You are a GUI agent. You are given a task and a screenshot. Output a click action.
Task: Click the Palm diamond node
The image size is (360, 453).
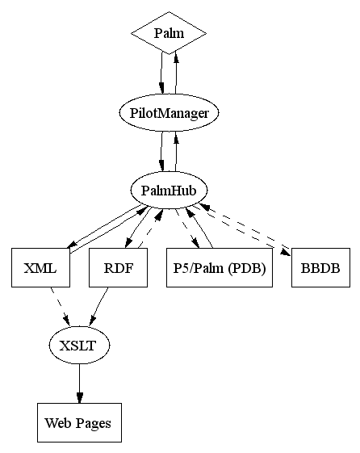pyautogui.click(x=169, y=33)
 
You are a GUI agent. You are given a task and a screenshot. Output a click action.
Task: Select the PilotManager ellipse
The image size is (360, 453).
pyautogui.click(x=169, y=113)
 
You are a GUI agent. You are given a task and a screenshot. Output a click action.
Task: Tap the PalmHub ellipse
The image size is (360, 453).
pyautogui.click(x=169, y=190)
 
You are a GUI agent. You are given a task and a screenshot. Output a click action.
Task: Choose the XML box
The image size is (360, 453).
pyautogui.click(x=40, y=267)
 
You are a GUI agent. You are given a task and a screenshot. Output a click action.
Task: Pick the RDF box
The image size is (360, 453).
pyautogui.click(x=118, y=267)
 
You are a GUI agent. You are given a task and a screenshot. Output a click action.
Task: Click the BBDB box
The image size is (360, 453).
pyautogui.click(x=320, y=267)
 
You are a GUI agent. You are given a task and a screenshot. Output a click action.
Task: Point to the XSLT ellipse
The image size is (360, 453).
pyautogui.click(x=79, y=346)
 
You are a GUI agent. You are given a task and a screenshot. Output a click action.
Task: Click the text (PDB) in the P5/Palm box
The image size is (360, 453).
pyautogui.click(x=246, y=269)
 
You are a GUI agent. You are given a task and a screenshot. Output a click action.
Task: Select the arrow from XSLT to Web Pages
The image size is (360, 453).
pyautogui.click(x=79, y=384)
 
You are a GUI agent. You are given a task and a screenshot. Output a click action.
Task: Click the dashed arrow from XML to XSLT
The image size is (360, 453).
pyautogui.click(x=60, y=307)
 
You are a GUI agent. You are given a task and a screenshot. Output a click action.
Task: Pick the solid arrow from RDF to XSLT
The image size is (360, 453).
pyautogui.click(x=99, y=307)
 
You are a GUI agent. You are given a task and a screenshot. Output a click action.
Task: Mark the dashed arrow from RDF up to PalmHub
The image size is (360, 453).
pyautogui.click(x=151, y=229)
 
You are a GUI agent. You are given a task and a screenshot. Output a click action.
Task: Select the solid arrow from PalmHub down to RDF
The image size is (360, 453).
pyautogui.click(x=138, y=228)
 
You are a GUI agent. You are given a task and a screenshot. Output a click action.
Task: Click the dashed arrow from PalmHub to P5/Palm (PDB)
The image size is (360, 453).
pyautogui.click(x=187, y=229)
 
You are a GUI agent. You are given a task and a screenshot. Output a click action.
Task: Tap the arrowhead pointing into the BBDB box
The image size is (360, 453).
pyautogui.click(x=285, y=252)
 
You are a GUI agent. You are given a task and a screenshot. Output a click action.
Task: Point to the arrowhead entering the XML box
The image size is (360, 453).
pyautogui.click(x=71, y=245)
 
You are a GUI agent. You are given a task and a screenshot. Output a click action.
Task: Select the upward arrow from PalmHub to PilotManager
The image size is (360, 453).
pyautogui.click(x=175, y=151)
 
